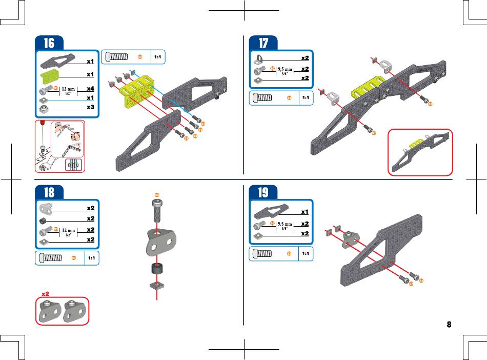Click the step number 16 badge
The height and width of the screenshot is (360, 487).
pyautogui.click(x=49, y=44)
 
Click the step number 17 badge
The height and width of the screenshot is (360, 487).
pyautogui.click(x=262, y=44)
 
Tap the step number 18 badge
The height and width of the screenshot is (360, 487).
pyautogui.click(x=49, y=192)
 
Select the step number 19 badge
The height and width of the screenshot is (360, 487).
pyautogui.click(x=262, y=192)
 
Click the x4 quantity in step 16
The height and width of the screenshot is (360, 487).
pyautogui.click(x=90, y=88)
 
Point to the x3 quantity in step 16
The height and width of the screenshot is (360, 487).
pyautogui.click(x=90, y=107)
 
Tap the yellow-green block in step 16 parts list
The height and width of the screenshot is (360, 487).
pyautogui.click(x=49, y=77)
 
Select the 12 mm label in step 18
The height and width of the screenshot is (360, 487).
pyautogui.click(x=68, y=230)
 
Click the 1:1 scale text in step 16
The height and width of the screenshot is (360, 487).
pyautogui.click(x=158, y=57)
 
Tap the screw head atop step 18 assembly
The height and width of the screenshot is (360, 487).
pyautogui.click(x=157, y=204)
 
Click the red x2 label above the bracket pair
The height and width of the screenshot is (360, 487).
pyautogui.click(x=45, y=294)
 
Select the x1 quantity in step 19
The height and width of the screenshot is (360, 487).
pyautogui.click(x=305, y=212)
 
